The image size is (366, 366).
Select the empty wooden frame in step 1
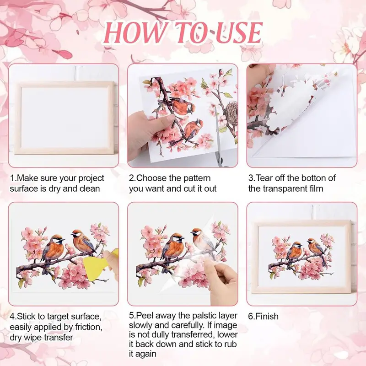(x=64, y=118)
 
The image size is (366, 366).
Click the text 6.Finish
(x=264, y=317)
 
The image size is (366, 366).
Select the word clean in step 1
(x=90, y=188)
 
